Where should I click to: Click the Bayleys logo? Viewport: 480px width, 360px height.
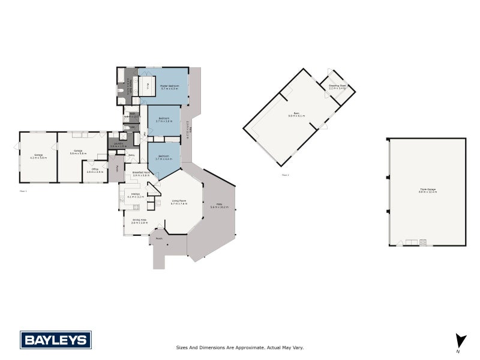[x=56, y=340]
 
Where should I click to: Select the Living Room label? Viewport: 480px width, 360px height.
[x=179, y=202]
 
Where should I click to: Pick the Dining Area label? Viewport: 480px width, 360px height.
[x=139, y=221]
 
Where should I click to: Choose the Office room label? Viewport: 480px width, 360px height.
[x=95, y=170]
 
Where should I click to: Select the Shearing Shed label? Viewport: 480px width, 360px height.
[x=338, y=86]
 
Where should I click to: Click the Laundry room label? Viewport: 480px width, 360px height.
[x=117, y=145]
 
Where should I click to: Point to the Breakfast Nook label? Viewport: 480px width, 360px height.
[x=141, y=174]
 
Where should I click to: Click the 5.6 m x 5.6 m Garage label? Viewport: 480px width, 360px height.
[x=78, y=152]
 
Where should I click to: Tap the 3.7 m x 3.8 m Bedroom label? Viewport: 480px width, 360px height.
[x=164, y=120]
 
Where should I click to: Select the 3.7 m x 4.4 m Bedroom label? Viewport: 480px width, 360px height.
[x=164, y=157]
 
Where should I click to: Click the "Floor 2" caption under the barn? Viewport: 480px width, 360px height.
[x=285, y=175]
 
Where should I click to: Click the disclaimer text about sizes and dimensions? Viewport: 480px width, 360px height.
[x=240, y=347]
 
